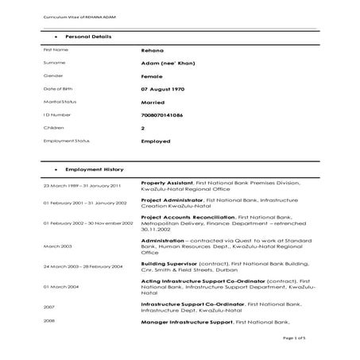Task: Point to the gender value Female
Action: point(153,76)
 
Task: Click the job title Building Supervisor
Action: point(170,262)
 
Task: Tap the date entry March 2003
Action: point(56,246)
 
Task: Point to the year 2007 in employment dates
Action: point(49,306)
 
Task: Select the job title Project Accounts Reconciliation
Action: point(188,216)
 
